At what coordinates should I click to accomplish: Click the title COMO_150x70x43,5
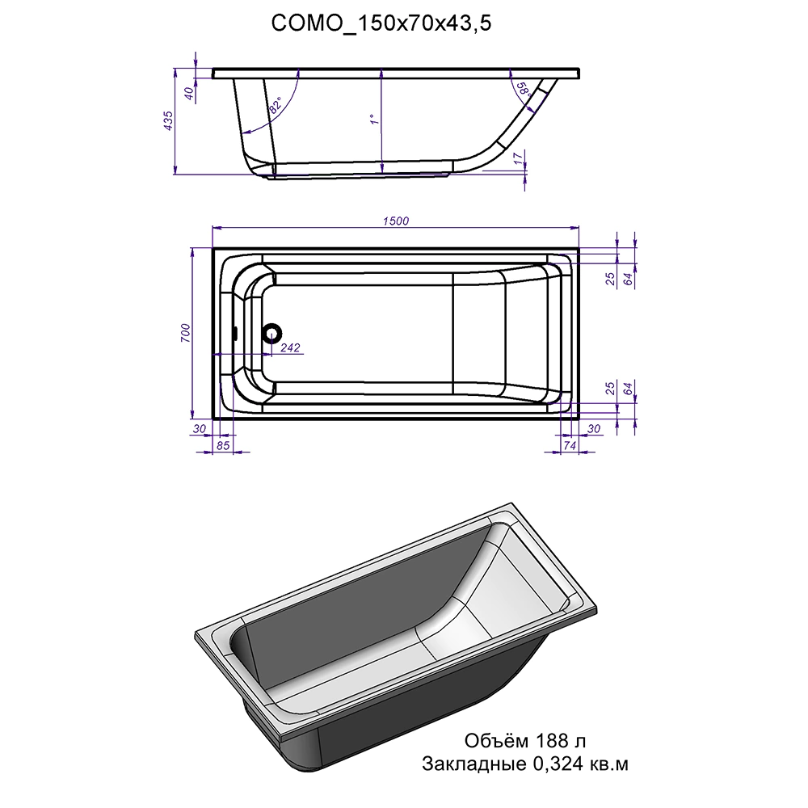point(381,23)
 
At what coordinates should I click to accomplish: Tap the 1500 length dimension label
point(396,221)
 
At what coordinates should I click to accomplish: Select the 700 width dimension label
point(186,333)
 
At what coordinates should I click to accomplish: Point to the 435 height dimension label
point(168,120)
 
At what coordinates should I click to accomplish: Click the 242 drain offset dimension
point(290,347)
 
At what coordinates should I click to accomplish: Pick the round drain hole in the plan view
point(271,333)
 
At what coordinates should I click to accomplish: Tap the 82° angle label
point(276,106)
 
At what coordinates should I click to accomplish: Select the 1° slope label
point(375,119)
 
